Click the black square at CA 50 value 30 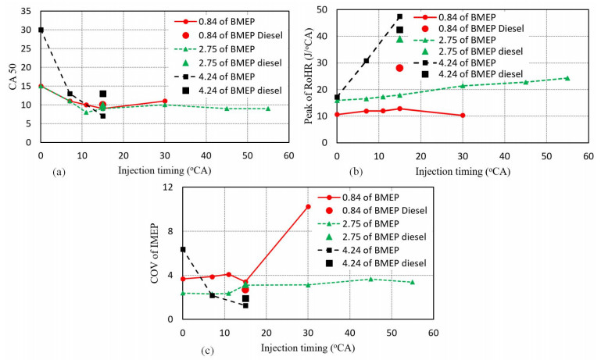[41, 30]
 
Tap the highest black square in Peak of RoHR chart [399, 16]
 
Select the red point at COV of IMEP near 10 [308, 207]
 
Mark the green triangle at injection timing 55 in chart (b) [567, 78]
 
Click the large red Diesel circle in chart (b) [399, 68]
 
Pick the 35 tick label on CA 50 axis [27, 12]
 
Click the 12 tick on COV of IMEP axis [166, 187]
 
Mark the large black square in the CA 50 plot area [102, 94]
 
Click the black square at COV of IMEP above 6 [183, 249]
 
